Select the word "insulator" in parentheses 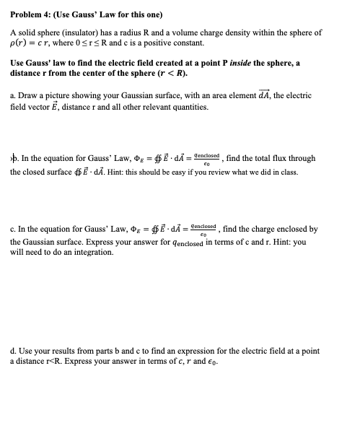coord(89,33)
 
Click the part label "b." coord(14,158)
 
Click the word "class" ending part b coord(294,172)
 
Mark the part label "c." coord(13,230)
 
